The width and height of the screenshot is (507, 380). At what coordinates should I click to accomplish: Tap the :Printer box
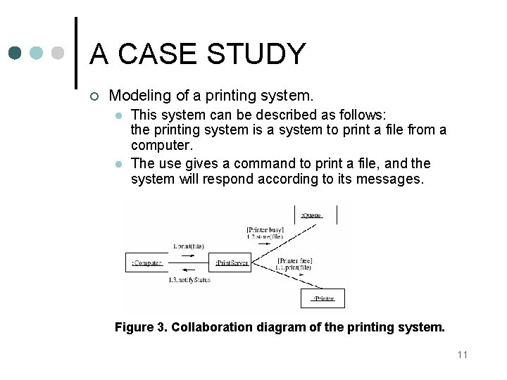tap(323, 298)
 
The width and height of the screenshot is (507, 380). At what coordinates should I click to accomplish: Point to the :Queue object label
tap(311, 214)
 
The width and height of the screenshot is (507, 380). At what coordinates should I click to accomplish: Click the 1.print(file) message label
tap(188, 246)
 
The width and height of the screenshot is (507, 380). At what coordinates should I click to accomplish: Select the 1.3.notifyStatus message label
tap(189, 280)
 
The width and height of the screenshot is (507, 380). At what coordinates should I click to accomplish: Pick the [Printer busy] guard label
tap(265, 229)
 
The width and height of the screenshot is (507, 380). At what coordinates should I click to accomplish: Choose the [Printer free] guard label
tap(295, 261)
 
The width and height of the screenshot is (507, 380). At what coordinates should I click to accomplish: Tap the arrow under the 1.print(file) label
tap(188, 255)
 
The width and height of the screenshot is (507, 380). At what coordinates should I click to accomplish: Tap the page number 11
tap(462, 354)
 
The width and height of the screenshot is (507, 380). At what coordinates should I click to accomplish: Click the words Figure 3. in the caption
tap(140, 327)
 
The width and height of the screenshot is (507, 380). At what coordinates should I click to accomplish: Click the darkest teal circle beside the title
tap(15, 53)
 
